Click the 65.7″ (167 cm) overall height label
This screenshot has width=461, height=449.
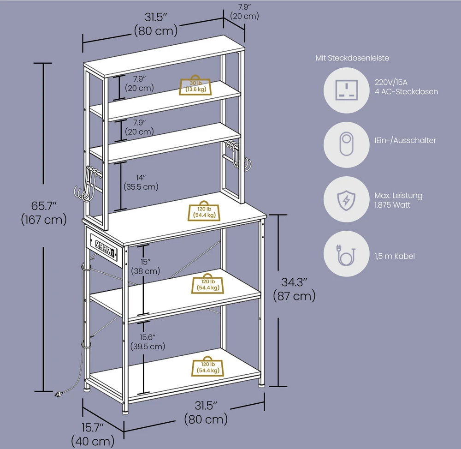[44, 213]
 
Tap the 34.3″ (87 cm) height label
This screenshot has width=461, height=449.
[294, 289]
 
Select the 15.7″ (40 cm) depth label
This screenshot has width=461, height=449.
[93, 434]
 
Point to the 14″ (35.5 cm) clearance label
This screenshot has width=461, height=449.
[141, 182]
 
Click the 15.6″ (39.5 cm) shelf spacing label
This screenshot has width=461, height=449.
[148, 341]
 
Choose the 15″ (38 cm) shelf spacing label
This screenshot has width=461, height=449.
[146, 266]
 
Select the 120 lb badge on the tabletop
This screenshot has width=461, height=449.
[204, 211]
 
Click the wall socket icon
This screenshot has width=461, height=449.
[347, 90]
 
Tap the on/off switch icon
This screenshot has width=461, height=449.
[347, 144]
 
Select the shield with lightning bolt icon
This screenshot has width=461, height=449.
[346, 200]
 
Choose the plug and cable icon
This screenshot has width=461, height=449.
[346, 255]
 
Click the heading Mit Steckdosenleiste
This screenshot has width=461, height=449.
[352, 58]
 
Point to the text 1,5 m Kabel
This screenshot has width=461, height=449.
[395, 256]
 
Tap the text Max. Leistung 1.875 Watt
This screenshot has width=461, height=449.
[398, 200]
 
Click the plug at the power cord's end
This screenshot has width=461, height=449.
[58, 394]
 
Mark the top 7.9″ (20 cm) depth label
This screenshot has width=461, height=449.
[245, 12]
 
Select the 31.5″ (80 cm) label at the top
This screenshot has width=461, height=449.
[156, 24]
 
